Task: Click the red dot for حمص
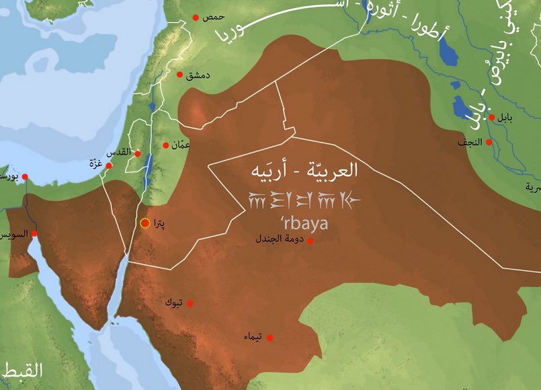(x=196, y=17)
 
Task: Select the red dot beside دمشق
(x=179, y=75)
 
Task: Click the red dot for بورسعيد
(x=25, y=177)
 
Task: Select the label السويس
(x=13, y=235)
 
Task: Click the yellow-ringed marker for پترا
(x=144, y=223)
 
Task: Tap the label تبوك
(x=173, y=303)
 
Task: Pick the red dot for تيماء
(x=269, y=338)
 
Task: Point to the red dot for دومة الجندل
(x=310, y=240)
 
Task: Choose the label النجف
(x=470, y=143)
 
